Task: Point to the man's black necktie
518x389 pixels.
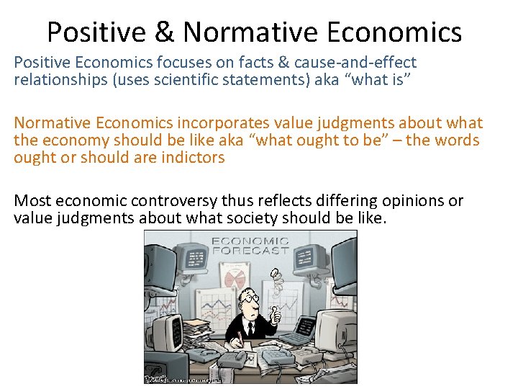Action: [250, 328]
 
